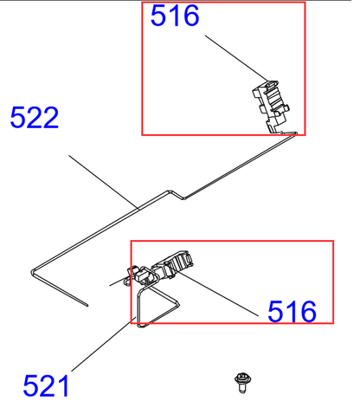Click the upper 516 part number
coord(175,16)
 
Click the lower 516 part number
coord(292,310)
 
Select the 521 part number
coord(46,385)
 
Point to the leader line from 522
coord(104,181)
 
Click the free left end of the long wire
coord(88,306)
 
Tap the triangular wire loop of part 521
coord(156,303)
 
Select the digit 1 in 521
coord(63,385)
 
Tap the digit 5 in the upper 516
coord(159,16)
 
